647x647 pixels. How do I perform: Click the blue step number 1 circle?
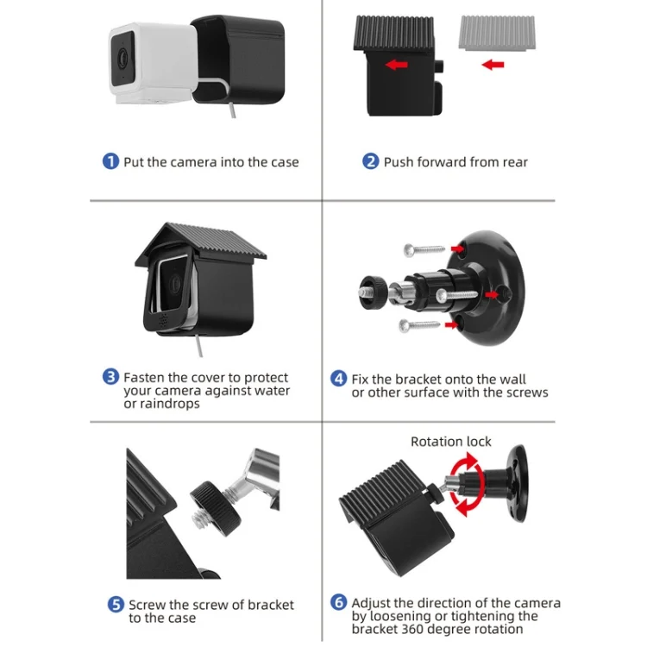click(110, 161)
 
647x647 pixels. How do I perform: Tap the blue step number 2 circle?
click(371, 161)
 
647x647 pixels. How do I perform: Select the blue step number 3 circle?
click(110, 377)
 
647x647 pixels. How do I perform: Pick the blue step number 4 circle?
click(339, 379)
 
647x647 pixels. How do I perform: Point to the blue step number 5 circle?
click(116, 605)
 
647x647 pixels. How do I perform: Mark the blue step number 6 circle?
click(339, 603)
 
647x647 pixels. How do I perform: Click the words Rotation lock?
click(450, 442)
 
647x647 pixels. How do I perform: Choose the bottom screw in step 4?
click(423, 325)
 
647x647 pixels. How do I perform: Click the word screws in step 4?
click(527, 393)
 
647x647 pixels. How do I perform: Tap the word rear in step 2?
click(512, 161)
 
